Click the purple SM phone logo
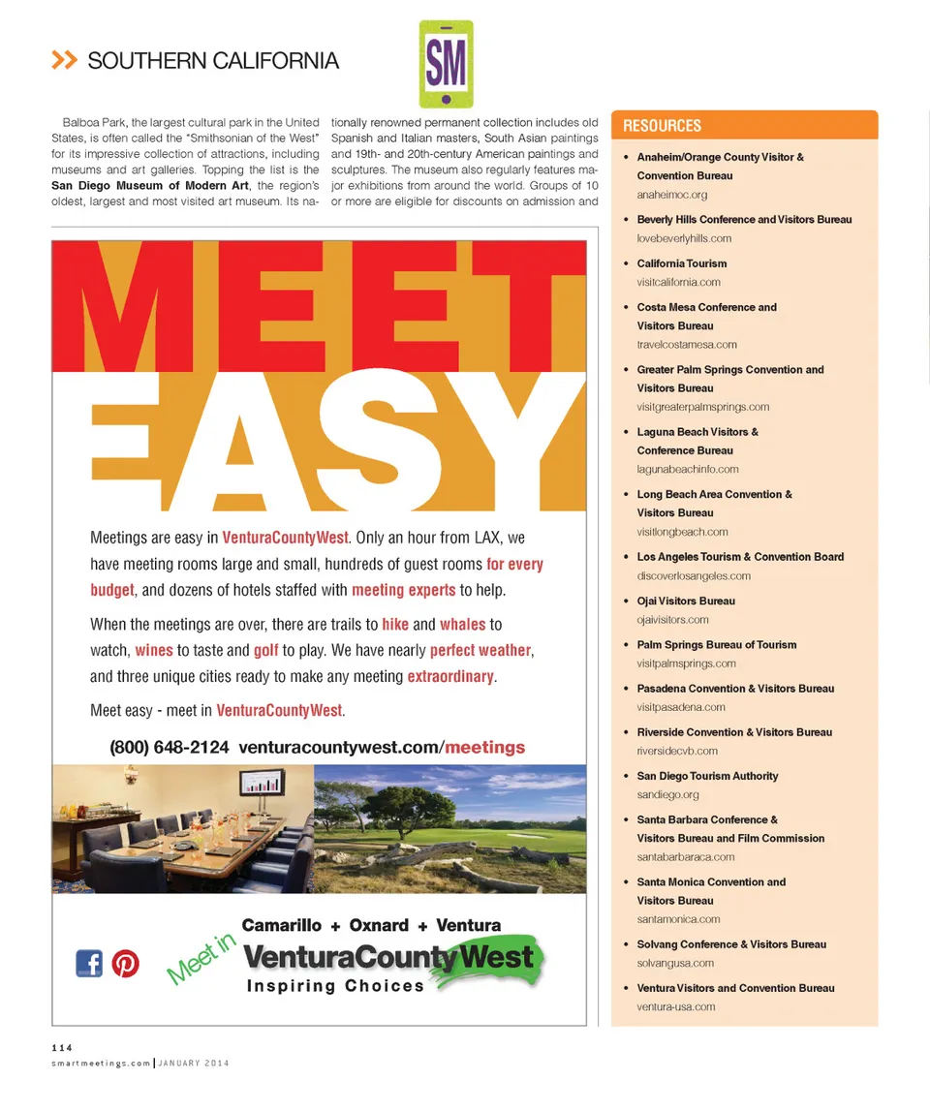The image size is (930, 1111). [447, 65]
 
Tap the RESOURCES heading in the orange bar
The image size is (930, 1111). [662, 126]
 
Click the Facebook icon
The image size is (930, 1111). [89, 963]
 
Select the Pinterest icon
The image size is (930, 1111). [125, 963]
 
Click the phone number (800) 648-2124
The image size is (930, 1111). [170, 748]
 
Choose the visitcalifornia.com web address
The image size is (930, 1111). [678, 282]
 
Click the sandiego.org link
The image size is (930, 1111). [667, 794]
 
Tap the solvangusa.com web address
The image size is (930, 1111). [675, 963]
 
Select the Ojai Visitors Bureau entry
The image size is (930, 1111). [686, 601]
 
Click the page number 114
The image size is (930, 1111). [62, 1046]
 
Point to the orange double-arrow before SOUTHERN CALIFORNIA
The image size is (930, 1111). [64, 61]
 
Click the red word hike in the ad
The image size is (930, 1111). [394, 625]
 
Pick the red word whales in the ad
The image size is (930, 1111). [462, 625]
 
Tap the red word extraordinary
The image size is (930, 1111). [450, 676]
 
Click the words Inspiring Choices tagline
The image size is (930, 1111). [335, 986]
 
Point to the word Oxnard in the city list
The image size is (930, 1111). [379, 925]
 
